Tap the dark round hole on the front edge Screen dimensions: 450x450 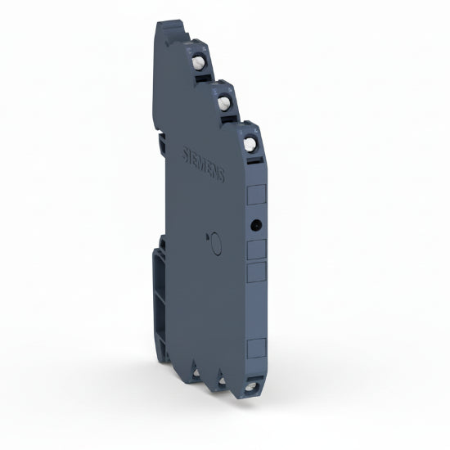click(255, 223)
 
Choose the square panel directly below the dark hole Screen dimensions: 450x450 click(255, 248)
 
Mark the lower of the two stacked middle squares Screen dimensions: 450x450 click(255, 272)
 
